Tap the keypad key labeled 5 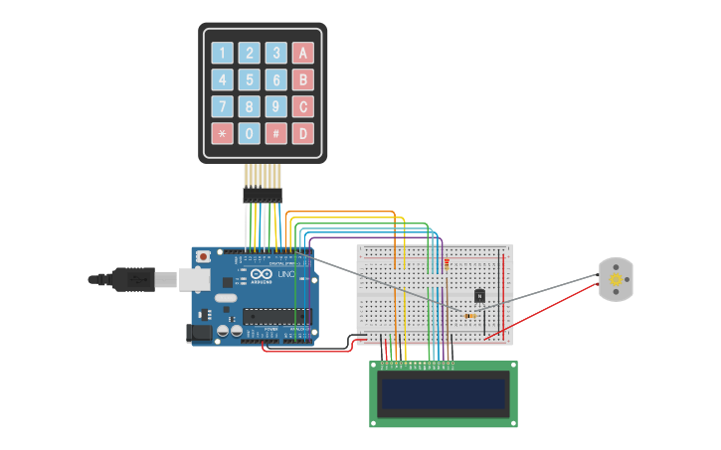(x=249, y=79)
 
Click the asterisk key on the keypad (x=222, y=133)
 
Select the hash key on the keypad (x=275, y=133)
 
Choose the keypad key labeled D (x=302, y=133)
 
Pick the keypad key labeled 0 (x=249, y=133)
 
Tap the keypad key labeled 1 (x=222, y=53)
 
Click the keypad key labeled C (x=302, y=106)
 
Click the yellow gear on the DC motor (x=616, y=280)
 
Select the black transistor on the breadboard (x=479, y=295)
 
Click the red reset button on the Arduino (x=204, y=256)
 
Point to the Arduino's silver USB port (x=194, y=281)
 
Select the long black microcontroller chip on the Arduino (x=275, y=317)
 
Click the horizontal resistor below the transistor (x=469, y=316)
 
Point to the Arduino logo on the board (x=257, y=275)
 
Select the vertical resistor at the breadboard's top (x=447, y=263)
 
